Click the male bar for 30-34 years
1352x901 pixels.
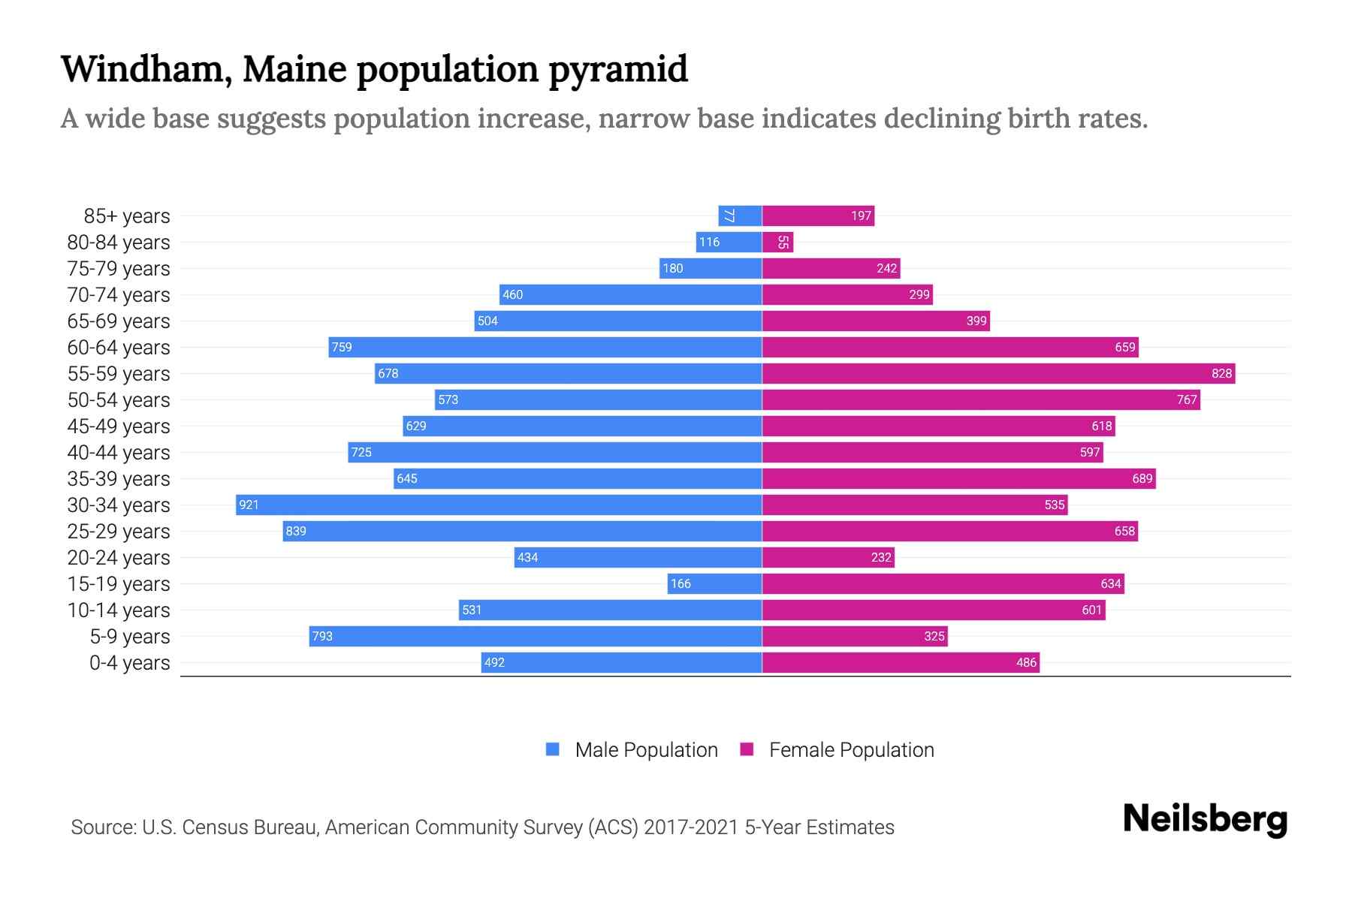499,505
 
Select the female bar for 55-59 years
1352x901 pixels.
999,373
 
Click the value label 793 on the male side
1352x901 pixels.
322,636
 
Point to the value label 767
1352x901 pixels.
1187,399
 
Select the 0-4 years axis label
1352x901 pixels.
129,662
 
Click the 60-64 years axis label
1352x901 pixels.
119,347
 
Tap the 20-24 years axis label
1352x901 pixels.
119,557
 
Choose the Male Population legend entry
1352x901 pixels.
646,749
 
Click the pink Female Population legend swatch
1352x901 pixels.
747,749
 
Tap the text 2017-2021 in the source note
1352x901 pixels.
691,827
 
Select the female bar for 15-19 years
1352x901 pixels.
943,583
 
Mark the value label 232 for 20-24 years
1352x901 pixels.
881,557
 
